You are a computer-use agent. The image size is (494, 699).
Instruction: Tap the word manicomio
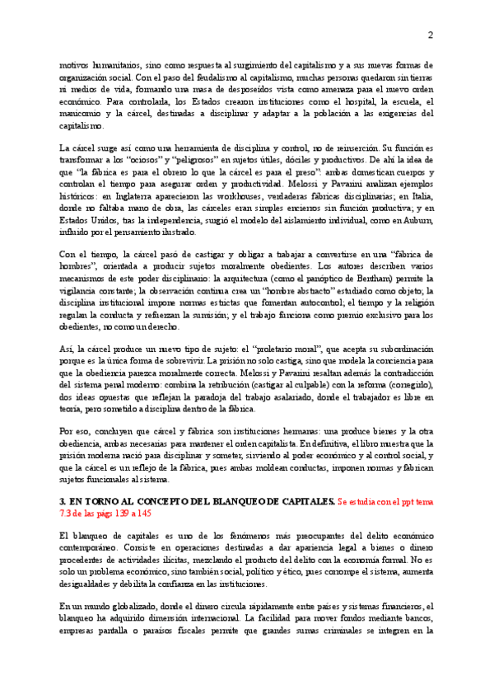(x=82, y=113)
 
